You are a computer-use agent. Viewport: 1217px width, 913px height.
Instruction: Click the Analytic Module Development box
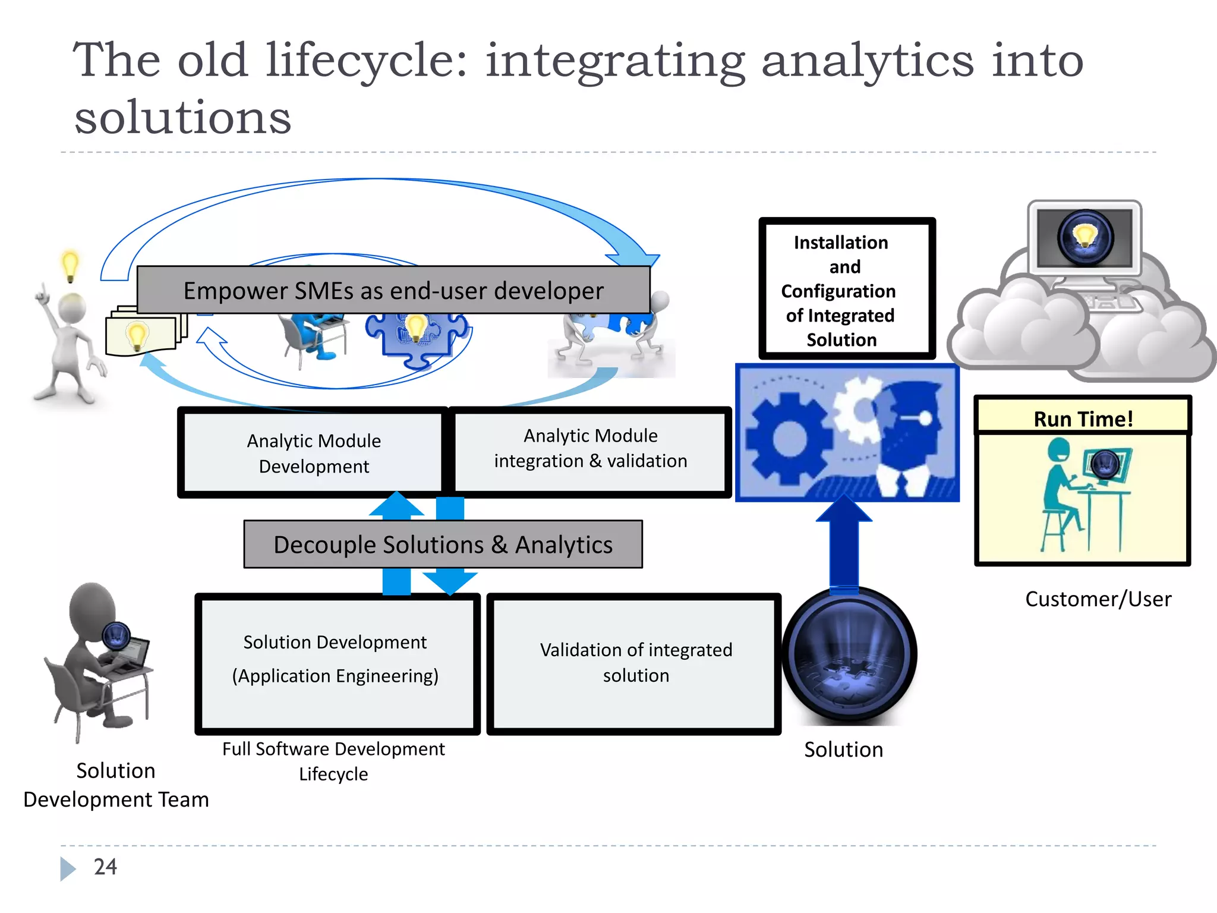tap(313, 453)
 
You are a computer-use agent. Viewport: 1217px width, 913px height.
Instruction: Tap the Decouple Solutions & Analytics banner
tap(443, 544)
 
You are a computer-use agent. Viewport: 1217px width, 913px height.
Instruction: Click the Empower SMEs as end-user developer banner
tap(393, 291)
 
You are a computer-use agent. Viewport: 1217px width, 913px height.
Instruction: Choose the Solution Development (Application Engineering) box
tap(336, 663)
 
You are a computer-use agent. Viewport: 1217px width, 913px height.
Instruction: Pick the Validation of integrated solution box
tap(635, 663)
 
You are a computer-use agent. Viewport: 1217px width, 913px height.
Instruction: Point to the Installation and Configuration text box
tap(846, 289)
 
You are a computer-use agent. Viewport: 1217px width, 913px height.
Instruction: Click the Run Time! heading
tap(1083, 418)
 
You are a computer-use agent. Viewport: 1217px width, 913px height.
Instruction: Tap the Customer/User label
tap(1098, 599)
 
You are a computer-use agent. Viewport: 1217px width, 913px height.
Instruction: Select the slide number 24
tap(105, 867)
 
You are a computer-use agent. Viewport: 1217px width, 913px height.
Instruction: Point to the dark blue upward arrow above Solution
tap(844, 544)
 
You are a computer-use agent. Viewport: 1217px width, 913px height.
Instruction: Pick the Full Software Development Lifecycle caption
tap(333, 761)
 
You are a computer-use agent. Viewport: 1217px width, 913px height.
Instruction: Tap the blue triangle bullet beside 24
tap(67, 868)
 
